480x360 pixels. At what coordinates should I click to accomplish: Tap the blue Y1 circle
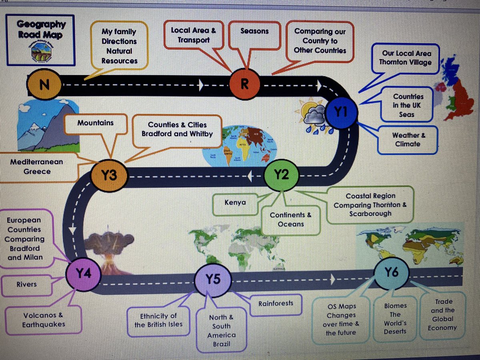tap(341, 113)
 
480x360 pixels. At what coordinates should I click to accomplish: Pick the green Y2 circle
tap(281, 175)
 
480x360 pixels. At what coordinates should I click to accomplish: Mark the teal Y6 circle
tap(391, 273)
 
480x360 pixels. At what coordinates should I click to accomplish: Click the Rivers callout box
tap(26, 284)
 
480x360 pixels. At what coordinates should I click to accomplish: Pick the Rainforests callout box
tap(275, 303)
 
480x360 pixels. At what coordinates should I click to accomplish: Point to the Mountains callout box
tap(95, 123)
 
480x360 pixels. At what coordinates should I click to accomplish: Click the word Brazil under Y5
tap(221, 344)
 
